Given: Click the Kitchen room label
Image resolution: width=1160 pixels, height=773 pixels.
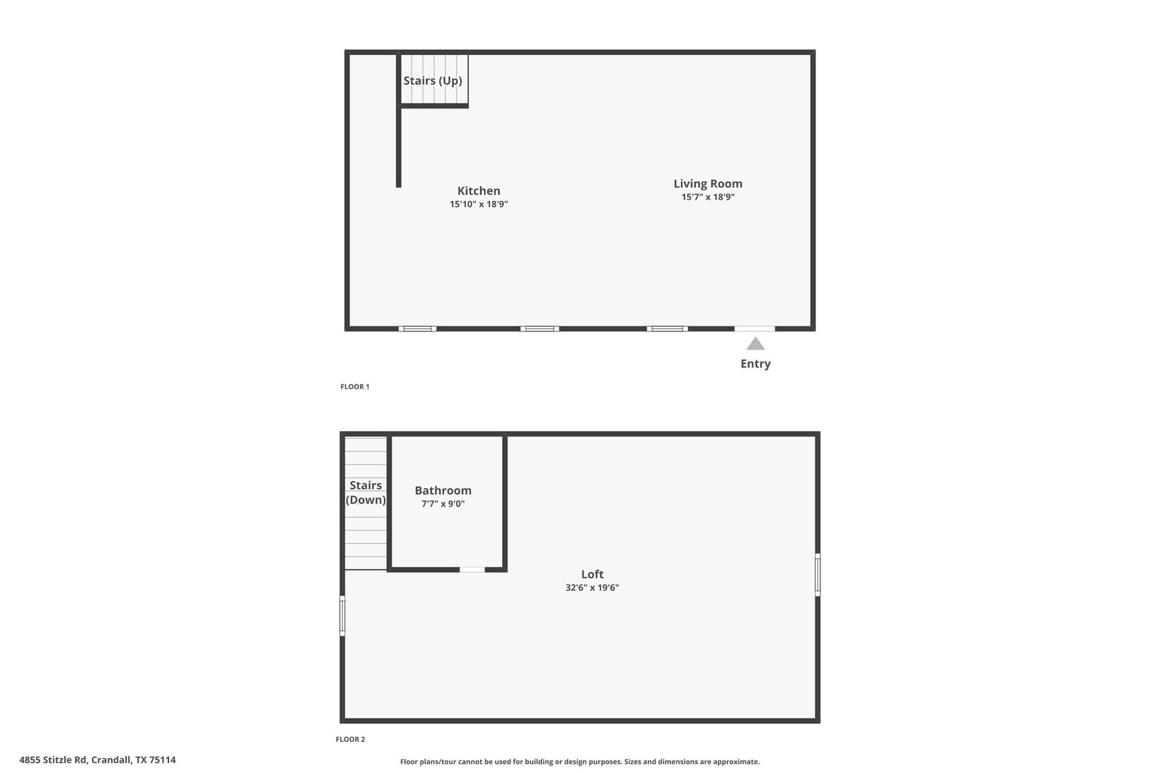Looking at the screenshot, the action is [x=478, y=191].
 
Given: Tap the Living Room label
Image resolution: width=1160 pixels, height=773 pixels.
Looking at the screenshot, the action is [x=708, y=184].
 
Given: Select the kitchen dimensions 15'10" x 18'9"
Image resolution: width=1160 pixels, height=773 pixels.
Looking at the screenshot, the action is [x=478, y=204].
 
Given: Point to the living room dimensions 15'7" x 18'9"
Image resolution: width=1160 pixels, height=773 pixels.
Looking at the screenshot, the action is [x=708, y=197].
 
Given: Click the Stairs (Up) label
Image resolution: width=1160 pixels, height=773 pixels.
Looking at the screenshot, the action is [x=433, y=81].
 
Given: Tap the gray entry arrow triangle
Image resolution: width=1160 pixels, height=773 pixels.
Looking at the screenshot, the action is [x=755, y=344].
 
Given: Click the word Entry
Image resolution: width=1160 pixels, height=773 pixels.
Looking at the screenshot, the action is [x=756, y=364].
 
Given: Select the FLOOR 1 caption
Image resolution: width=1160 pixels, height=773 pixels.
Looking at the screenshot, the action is [x=355, y=386].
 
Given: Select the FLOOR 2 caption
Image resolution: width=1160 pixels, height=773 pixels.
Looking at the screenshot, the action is [x=350, y=739].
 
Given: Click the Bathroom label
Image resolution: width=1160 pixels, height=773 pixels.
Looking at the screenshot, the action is [x=443, y=490].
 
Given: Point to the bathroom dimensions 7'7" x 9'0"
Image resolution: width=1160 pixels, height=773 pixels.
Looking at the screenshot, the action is [x=443, y=504].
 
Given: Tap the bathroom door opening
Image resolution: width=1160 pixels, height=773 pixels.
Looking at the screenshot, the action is [x=472, y=569].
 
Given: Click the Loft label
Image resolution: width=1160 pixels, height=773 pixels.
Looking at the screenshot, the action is [x=592, y=574].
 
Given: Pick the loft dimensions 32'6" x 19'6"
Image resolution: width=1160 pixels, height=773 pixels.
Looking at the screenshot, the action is [x=592, y=588].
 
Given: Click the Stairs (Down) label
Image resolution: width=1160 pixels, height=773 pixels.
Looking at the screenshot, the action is [x=366, y=493].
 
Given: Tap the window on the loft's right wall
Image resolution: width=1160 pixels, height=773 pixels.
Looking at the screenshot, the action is [x=817, y=574].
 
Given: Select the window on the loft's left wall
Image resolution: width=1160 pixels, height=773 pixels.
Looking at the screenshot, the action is [x=342, y=615].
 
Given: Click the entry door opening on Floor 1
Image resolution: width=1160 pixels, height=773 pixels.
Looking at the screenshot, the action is [x=755, y=329].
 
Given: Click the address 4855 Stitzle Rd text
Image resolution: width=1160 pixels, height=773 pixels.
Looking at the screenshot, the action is [x=97, y=760].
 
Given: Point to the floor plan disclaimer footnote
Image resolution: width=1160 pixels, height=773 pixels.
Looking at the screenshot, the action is [x=580, y=762].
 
